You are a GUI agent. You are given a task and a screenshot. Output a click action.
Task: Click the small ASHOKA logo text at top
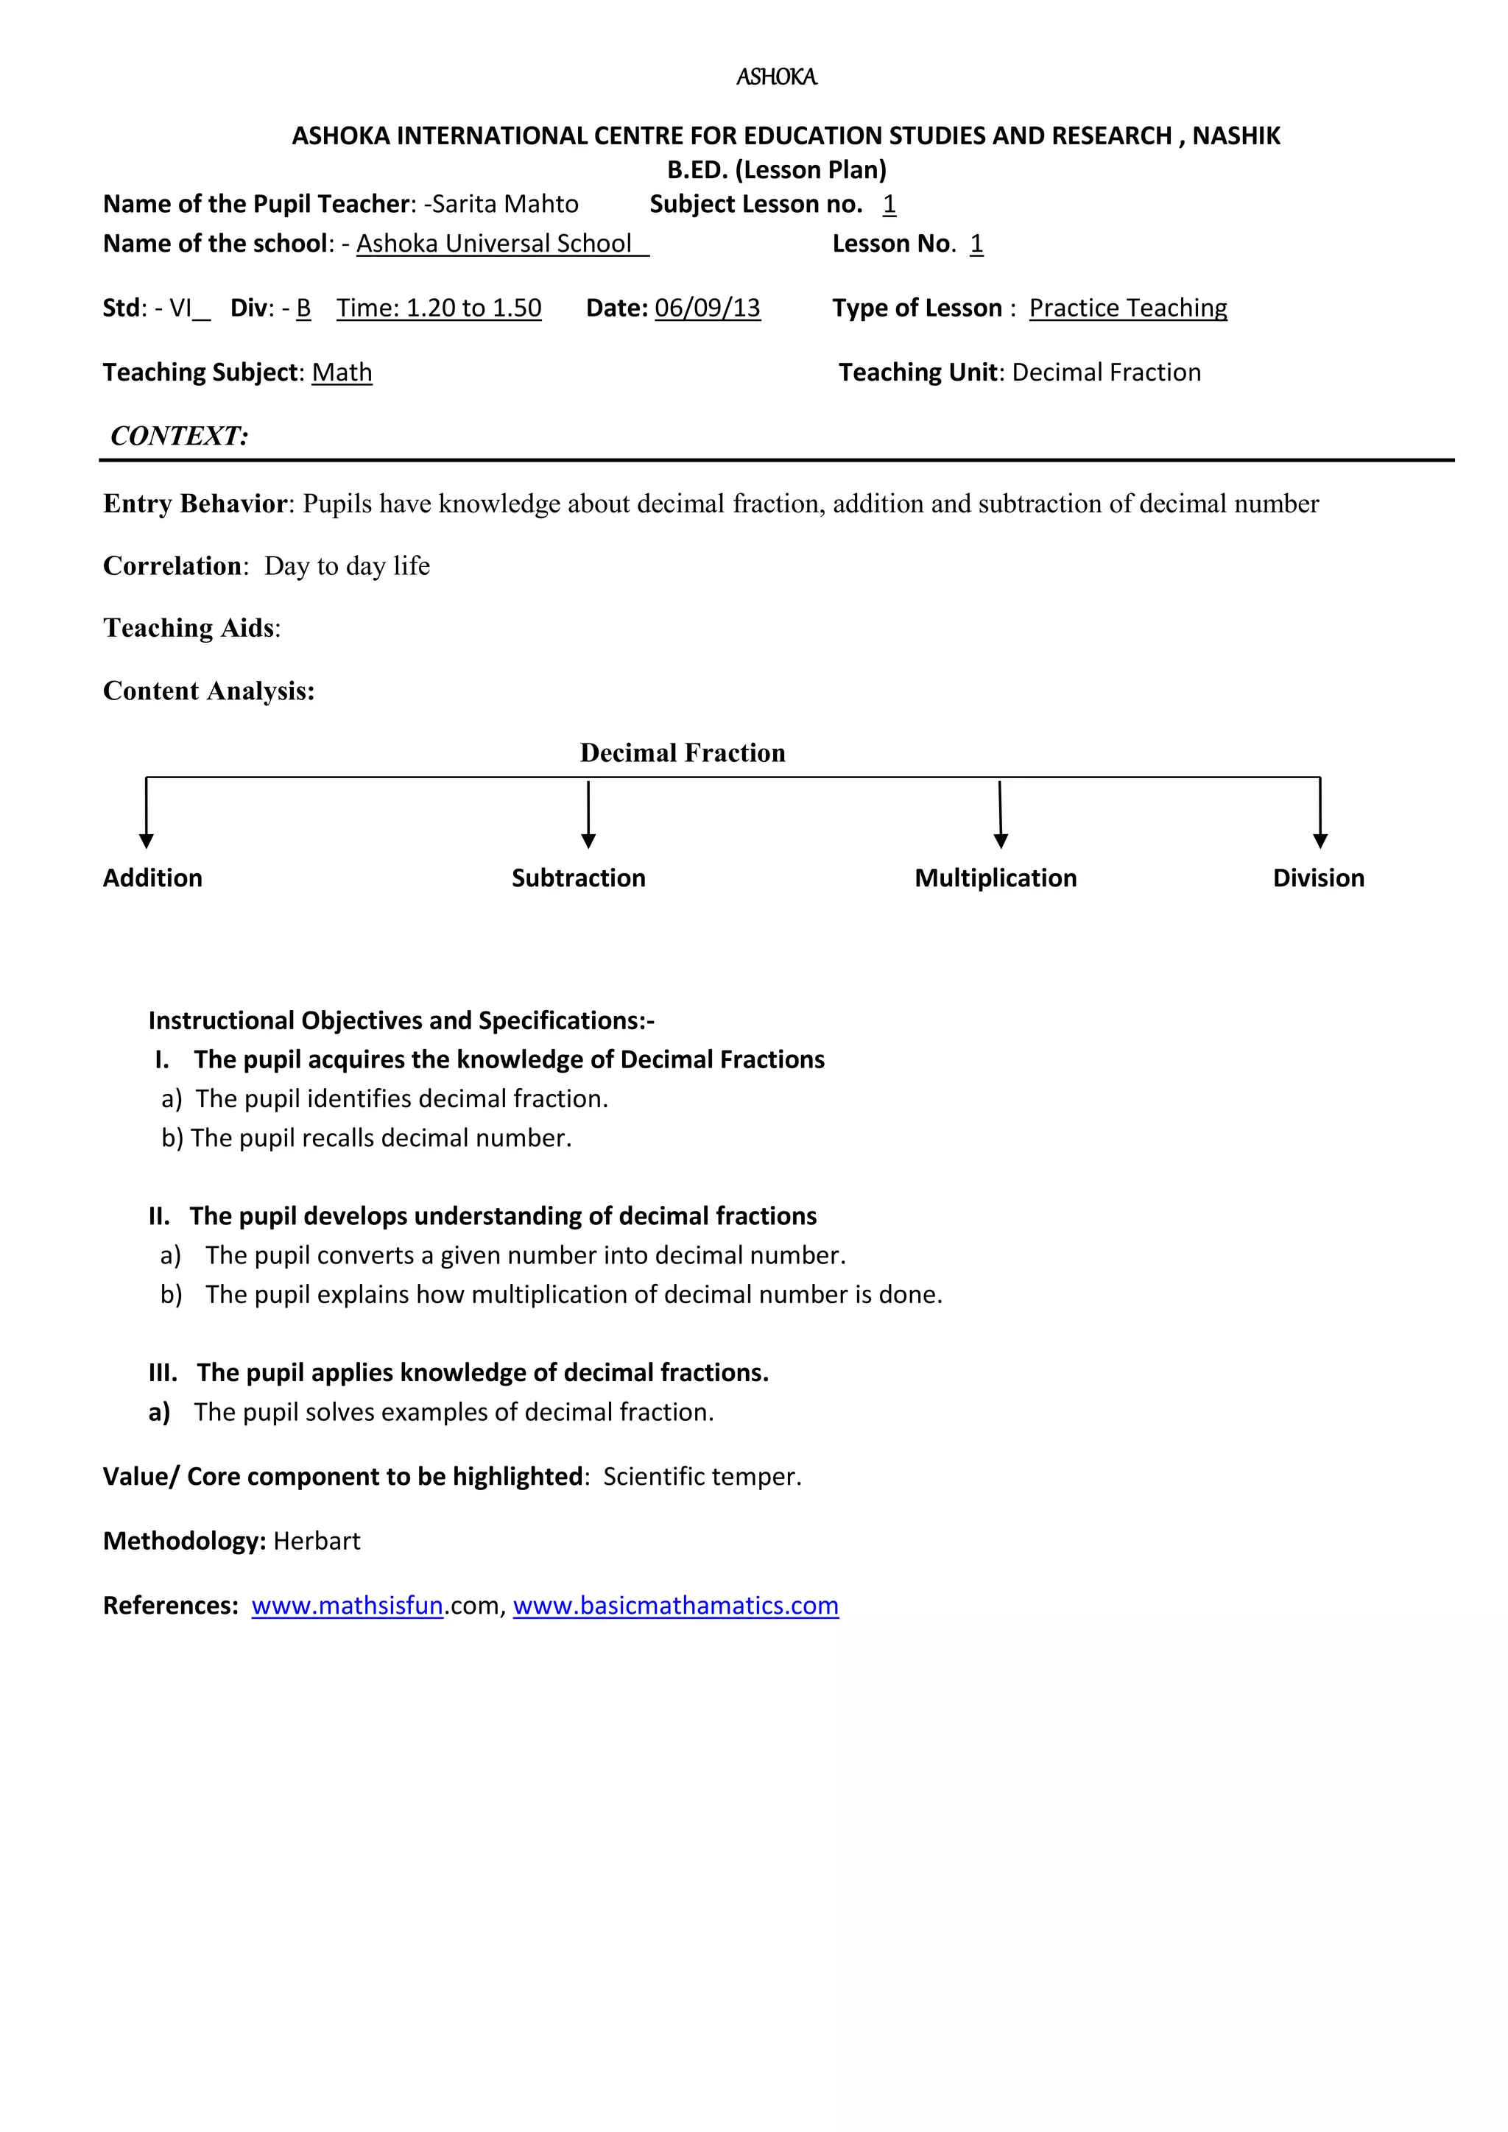(776, 77)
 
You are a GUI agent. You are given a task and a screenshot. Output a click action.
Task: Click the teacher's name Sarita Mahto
(505, 204)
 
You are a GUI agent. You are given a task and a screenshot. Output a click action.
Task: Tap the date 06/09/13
(708, 308)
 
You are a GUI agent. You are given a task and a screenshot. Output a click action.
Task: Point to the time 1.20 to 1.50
(439, 308)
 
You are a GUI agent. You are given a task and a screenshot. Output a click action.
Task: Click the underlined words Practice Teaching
(1128, 308)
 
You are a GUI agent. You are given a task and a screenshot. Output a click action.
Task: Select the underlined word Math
(342, 373)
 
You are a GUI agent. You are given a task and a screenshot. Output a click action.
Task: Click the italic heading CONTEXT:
(179, 437)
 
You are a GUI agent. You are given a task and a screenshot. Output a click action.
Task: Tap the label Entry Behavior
(196, 504)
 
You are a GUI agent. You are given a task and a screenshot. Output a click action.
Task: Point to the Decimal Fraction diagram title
(683, 753)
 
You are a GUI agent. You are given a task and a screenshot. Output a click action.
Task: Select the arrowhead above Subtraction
(588, 840)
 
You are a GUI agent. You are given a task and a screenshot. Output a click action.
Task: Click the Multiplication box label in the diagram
(996, 878)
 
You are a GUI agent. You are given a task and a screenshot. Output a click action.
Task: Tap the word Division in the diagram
(1319, 878)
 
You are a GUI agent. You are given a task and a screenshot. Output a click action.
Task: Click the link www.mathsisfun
(348, 1606)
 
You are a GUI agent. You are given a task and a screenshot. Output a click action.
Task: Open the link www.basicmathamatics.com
(675, 1606)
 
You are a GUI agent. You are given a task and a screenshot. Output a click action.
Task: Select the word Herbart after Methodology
(317, 1542)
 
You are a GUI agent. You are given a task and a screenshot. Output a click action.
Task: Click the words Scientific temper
(702, 1478)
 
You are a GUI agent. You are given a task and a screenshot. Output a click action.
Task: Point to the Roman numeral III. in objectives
(163, 1373)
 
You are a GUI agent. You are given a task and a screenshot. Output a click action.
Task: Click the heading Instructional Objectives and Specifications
(401, 1021)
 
